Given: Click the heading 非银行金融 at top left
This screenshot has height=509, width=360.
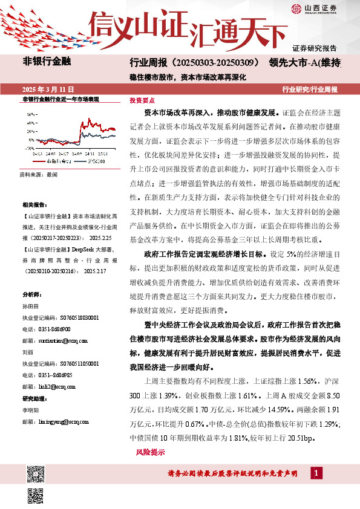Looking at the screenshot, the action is click(47, 61).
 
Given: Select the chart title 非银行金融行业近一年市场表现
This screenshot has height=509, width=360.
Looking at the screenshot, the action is click(60, 98).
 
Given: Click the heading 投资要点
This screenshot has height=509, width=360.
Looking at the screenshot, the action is click(142, 101).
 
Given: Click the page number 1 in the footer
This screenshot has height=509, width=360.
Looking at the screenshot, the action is click(318, 472).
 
